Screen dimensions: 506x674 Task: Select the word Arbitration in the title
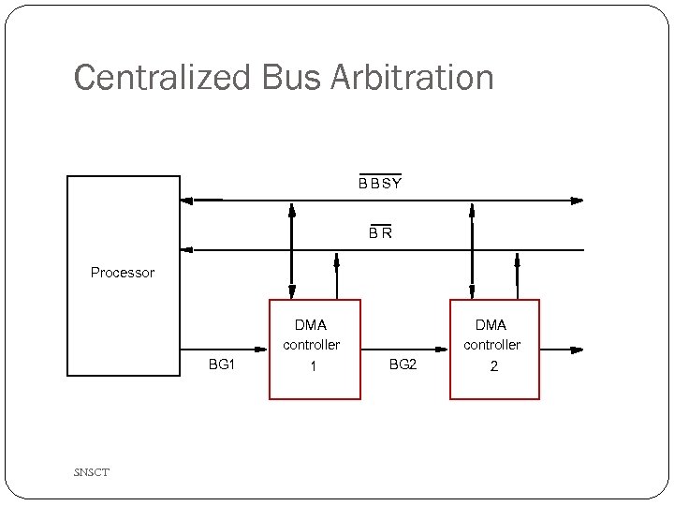pos(411,78)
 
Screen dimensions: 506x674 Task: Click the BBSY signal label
pos(380,184)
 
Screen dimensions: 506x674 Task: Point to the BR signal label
pos(379,233)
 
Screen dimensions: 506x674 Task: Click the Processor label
pos(123,273)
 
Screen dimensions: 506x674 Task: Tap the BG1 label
pos(221,365)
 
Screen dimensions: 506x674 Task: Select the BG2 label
pos(403,365)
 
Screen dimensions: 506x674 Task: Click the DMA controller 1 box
pos(315,349)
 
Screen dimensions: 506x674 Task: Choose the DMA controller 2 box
pos(494,349)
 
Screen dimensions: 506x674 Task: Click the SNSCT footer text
pos(92,472)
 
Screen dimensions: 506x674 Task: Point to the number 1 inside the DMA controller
pos(314,366)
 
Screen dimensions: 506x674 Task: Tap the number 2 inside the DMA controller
pos(494,366)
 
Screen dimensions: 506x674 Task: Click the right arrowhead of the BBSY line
pos(577,200)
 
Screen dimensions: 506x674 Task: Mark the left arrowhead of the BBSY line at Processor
pos(185,200)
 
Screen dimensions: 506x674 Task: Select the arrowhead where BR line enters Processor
pos(185,249)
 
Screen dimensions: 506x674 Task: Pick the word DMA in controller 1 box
pos(311,325)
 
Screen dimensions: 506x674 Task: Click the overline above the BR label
pos(379,225)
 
